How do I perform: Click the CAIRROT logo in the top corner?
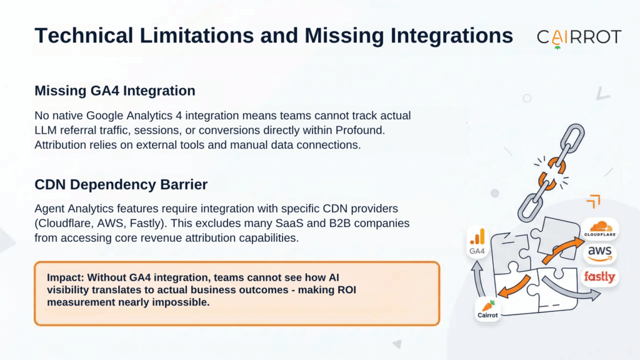(579, 38)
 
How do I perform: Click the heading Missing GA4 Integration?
(115, 91)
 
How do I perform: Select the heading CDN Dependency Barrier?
(121, 184)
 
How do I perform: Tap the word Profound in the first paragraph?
(359, 130)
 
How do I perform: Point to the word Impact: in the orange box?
(65, 277)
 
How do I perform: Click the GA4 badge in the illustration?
(477, 242)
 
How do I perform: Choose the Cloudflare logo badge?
(599, 229)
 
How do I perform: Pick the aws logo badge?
(599, 254)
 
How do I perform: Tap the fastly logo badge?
(599, 277)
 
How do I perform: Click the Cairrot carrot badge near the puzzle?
(487, 309)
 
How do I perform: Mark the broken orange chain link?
(552, 174)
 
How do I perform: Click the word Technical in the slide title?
(84, 36)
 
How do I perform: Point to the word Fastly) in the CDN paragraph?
(150, 223)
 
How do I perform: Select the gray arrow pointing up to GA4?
(479, 278)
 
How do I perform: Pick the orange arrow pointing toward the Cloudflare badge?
(562, 250)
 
